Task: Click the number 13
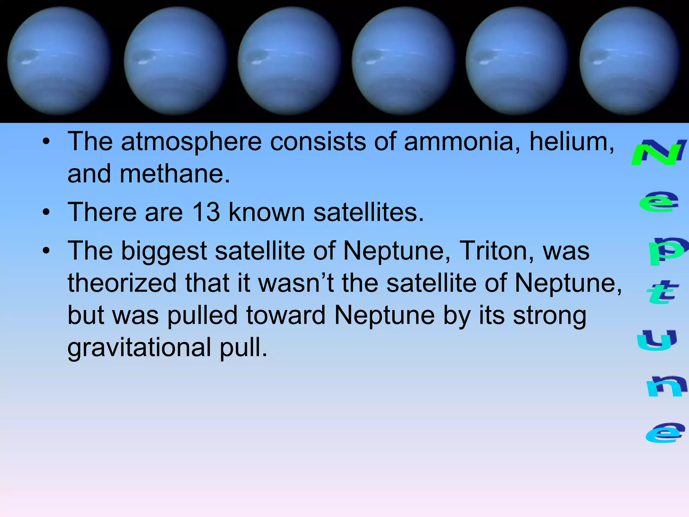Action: tap(206, 212)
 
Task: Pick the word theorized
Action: tap(122, 283)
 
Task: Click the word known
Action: tap(266, 212)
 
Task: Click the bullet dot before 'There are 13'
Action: tap(46, 212)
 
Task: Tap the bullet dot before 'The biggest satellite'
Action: tap(46, 251)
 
